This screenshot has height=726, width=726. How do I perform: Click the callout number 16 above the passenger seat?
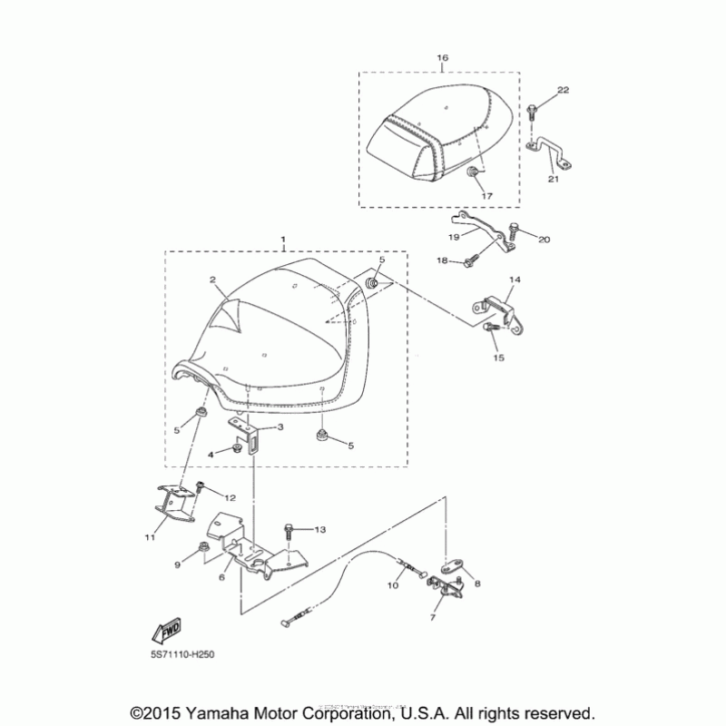click(442, 58)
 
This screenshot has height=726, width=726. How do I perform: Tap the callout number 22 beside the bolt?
click(563, 90)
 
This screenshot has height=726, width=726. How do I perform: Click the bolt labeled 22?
click(532, 113)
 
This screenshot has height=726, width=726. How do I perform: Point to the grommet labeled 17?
click(474, 172)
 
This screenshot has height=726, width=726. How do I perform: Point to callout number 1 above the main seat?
click(284, 240)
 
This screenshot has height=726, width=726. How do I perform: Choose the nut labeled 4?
click(236, 447)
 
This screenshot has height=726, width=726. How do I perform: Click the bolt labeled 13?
click(289, 530)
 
